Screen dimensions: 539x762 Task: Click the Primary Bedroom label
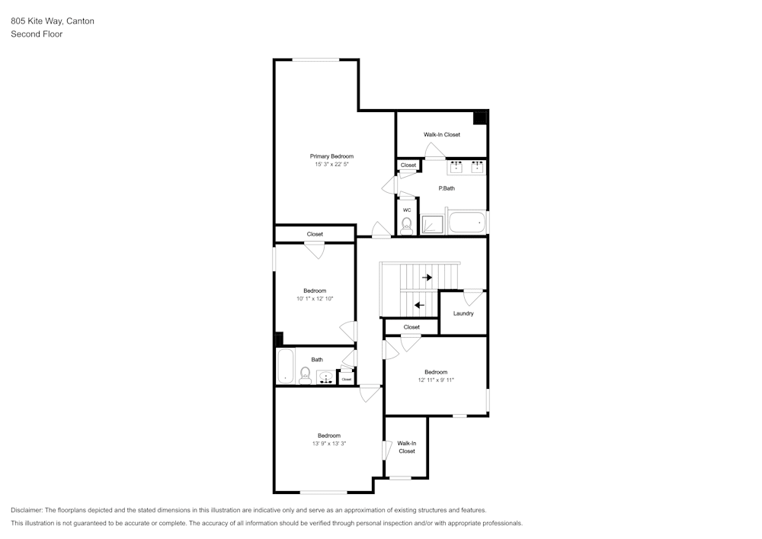(x=331, y=156)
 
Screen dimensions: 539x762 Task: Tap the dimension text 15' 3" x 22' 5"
(x=331, y=165)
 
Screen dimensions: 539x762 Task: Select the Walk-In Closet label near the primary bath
(x=442, y=135)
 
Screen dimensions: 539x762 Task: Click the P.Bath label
(x=447, y=188)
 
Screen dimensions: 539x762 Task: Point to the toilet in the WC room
(x=407, y=225)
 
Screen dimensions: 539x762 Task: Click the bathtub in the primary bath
(x=466, y=223)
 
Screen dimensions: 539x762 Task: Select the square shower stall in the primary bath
(x=433, y=223)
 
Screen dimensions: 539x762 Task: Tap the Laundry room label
(x=463, y=313)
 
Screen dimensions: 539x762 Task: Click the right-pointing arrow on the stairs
(x=427, y=278)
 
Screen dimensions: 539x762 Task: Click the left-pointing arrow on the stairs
(x=420, y=305)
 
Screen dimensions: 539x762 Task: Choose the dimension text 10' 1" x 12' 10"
(x=315, y=299)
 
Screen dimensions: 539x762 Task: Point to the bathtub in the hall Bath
(x=286, y=367)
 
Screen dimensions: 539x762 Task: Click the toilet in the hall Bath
(x=305, y=374)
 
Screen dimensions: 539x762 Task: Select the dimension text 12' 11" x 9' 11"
(x=436, y=380)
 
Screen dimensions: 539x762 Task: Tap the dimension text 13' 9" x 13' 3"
(x=329, y=443)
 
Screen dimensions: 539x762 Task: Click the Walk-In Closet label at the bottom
(x=407, y=447)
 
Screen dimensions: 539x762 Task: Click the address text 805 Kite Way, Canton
(x=53, y=21)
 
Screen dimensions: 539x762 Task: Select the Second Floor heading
(x=37, y=34)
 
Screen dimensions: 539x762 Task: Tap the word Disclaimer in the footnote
(x=27, y=510)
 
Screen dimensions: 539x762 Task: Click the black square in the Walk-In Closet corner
(x=480, y=117)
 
